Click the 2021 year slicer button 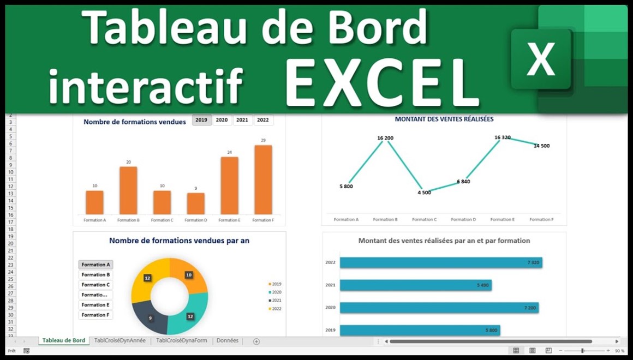point(242,120)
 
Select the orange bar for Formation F point(263,179)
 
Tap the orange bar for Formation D point(196,203)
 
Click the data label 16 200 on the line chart point(385,138)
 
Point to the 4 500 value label point(423,192)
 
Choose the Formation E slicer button point(95,305)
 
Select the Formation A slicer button point(95,265)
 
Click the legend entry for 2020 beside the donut point(276,292)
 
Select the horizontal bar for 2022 point(440,263)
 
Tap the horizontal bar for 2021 point(415,285)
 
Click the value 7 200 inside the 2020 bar point(530,308)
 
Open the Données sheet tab point(228,341)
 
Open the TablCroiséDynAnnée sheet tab point(120,341)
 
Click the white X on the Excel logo point(541,59)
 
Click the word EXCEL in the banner point(382,83)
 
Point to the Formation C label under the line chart point(424,219)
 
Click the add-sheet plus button point(256,341)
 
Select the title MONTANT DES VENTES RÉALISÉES point(444,119)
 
